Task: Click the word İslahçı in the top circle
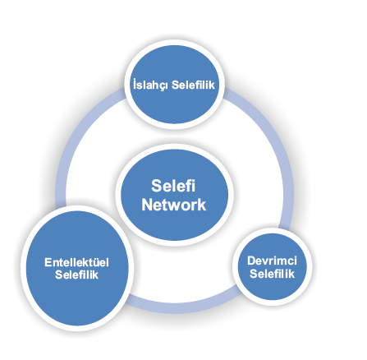pyautogui.click(x=150, y=85)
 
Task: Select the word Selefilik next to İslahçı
pyautogui.click(x=193, y=85)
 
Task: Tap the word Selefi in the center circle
pyautogui.click(x=173, y=186)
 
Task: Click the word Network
pyautogui.click(x=174, y=205)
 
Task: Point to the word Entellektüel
pyautogui.click(x=76, y=262)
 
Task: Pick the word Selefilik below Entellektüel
pyautogui.click(x=76, y=275)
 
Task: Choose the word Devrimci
pyautogui.click(x=272, y=261)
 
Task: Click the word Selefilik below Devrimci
pyautogui.click(x=273, y=274)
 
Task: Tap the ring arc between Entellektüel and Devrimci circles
pyautogui.click(x=181, y=308)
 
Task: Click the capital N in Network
pyautogui.click(x=147, y=205)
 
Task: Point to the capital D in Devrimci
pyautogui.click(x=252, y=261)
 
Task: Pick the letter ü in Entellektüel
pyautogui.click(x=96, y=262)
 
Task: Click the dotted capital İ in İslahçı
pyautogui.click(x=135, y=84)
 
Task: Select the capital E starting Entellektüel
pyautogui.click(x=48, y=262)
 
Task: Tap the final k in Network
pyautogui.click(x=202, y=205)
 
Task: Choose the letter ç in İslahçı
pyautogui.click(x=163, y=86)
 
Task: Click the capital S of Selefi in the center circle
pyautogui.click(x=157, y=186)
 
